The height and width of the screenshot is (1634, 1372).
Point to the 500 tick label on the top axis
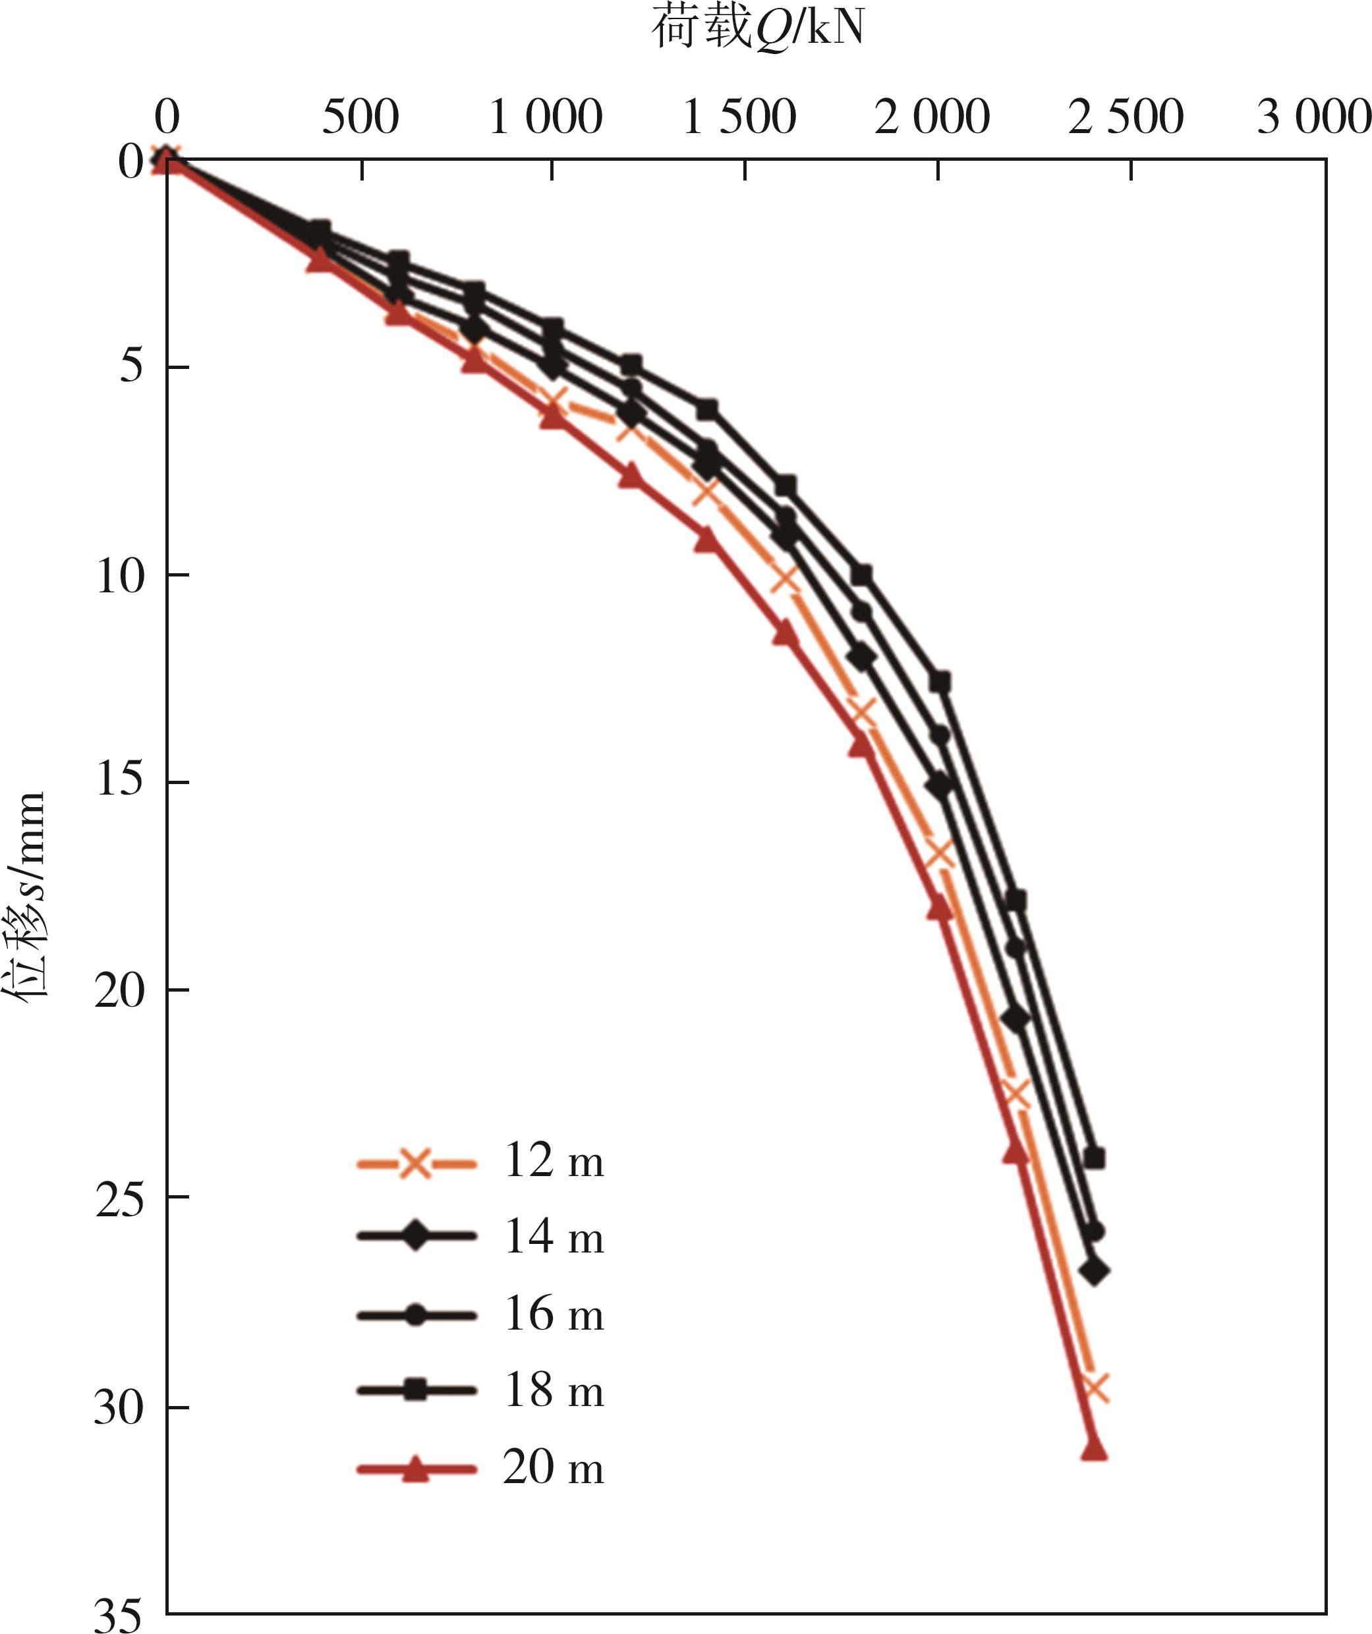coord(360,119)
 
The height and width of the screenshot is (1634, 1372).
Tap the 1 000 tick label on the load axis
coord(546,119)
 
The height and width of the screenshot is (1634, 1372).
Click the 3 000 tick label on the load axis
coord(1313,119)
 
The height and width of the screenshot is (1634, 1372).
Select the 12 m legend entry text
coord(554,1162)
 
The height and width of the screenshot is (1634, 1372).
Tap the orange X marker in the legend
coord(416,1164)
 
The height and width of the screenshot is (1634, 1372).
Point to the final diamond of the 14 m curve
coord(1094,1272)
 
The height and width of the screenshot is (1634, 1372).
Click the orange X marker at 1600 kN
coord(784,578)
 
